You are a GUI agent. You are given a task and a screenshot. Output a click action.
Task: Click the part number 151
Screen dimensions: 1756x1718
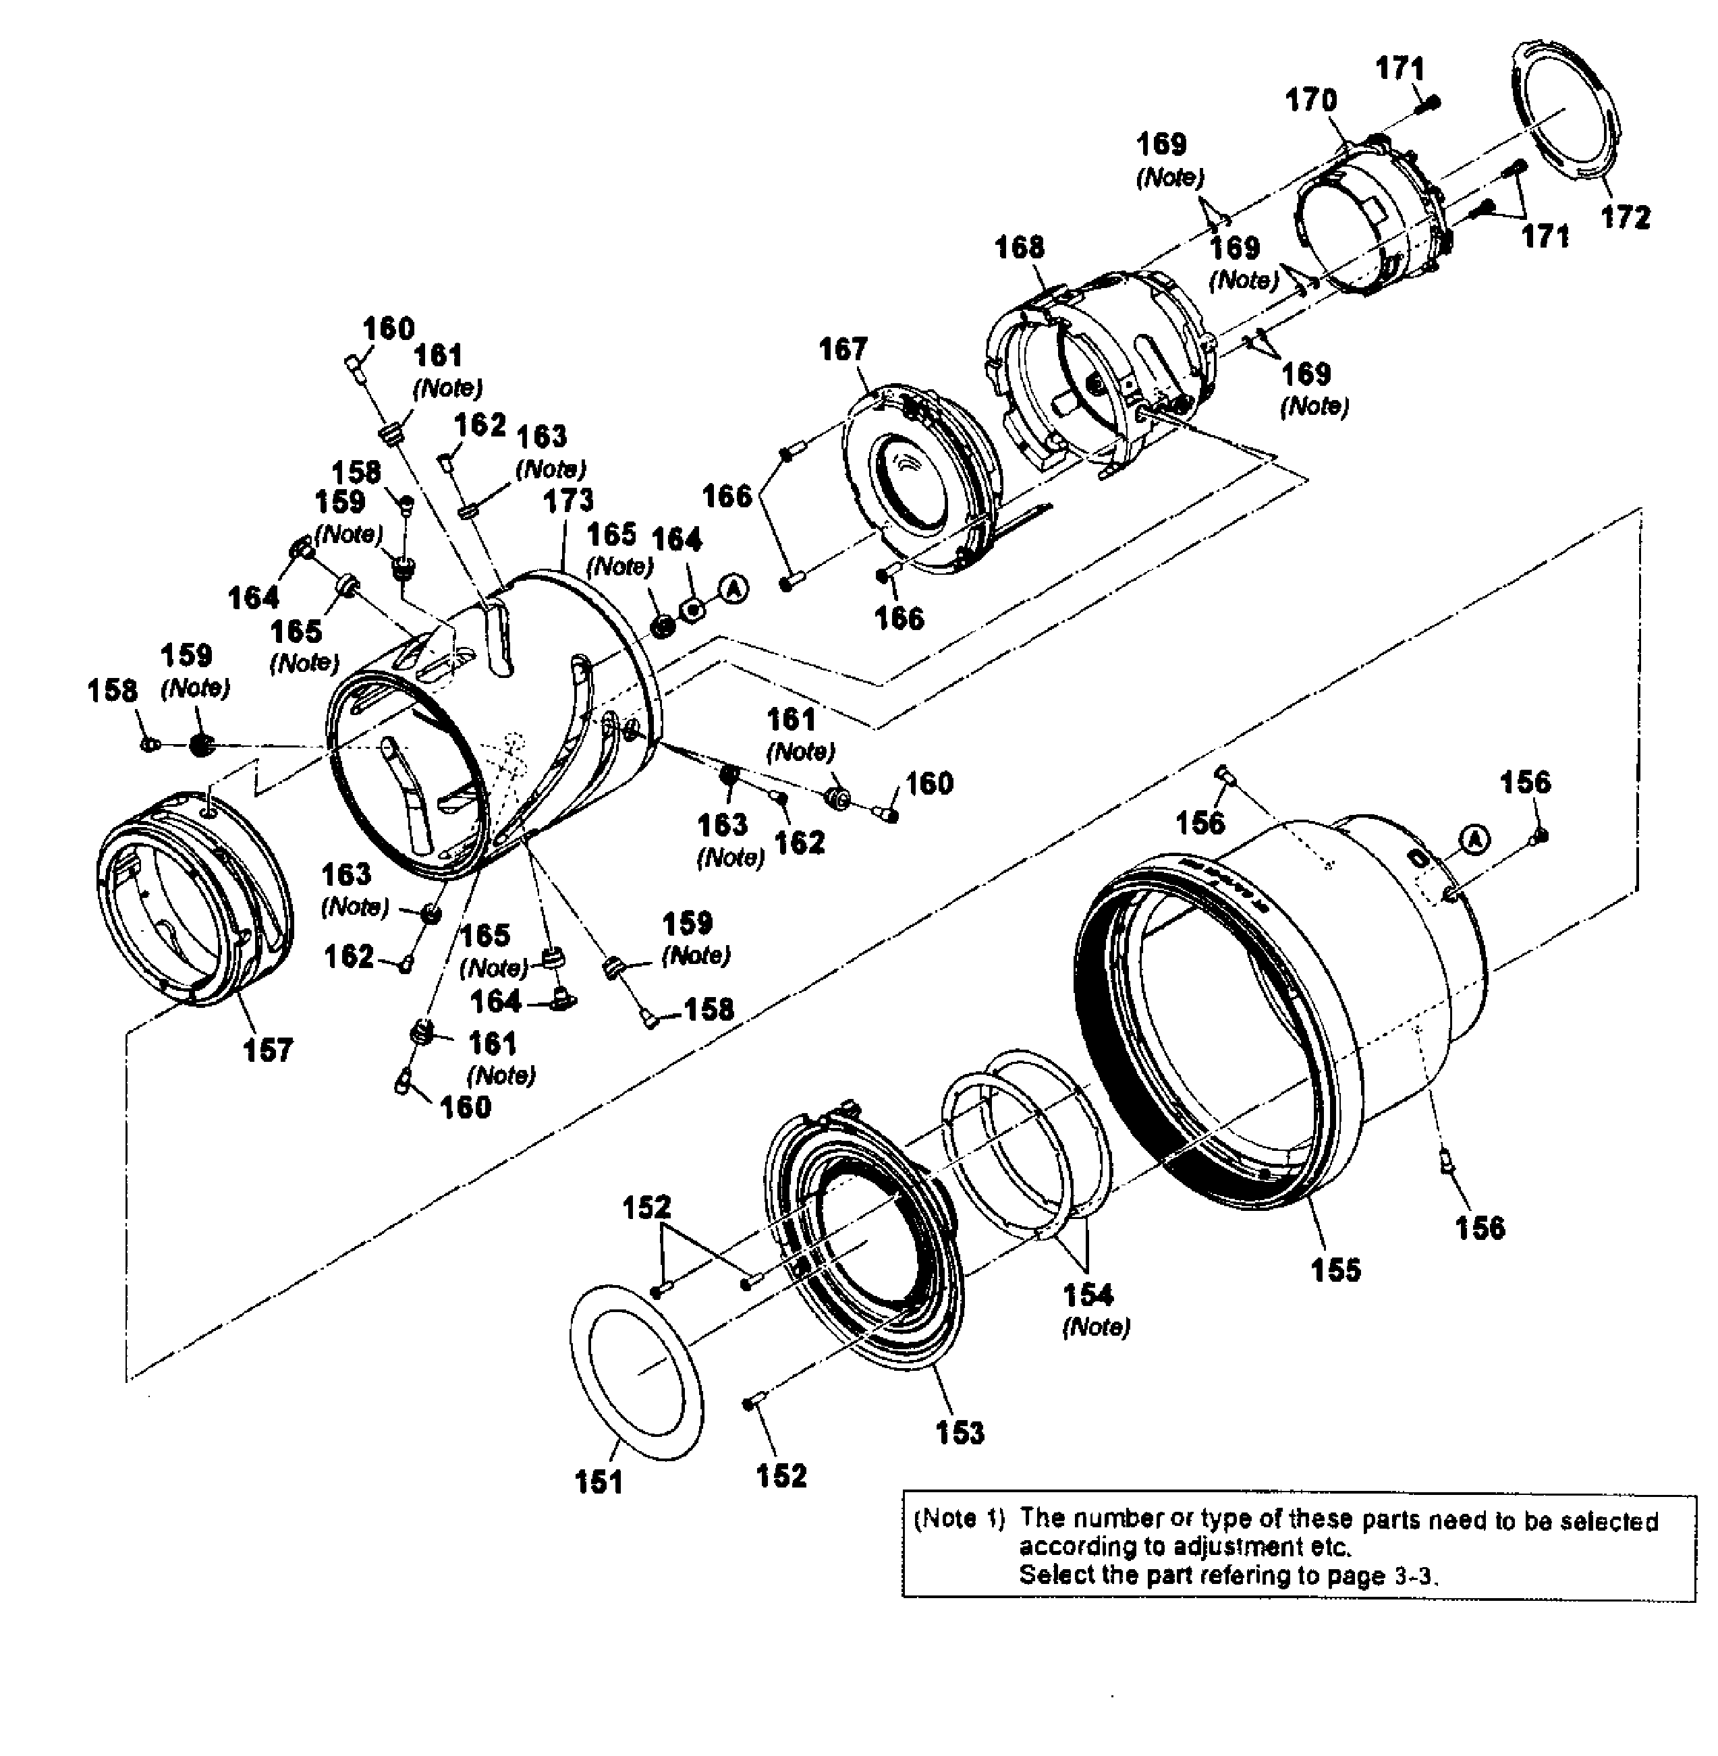click(599, 1482)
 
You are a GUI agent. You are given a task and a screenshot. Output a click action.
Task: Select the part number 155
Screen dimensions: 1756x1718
click(1335, 1270)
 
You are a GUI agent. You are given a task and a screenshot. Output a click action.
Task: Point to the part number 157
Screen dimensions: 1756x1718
click(268, 1050)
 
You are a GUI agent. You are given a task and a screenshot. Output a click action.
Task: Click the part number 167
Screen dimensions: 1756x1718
click(843, 349)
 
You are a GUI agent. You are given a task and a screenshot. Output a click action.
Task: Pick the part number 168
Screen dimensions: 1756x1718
click(1020, 247)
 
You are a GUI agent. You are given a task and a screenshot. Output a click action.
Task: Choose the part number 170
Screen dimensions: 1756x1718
click(1311, 100)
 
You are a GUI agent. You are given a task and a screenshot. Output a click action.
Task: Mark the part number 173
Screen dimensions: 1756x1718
click(568, 501)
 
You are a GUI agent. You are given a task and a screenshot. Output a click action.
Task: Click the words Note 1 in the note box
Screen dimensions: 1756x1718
click(958, 1519)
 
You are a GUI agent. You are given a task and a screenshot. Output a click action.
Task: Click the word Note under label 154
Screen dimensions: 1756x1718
click(1095, 1327)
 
